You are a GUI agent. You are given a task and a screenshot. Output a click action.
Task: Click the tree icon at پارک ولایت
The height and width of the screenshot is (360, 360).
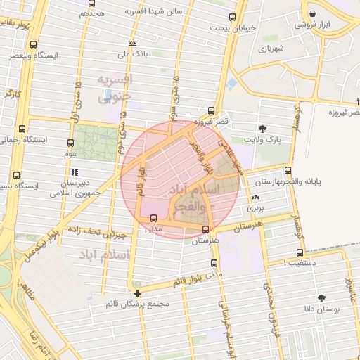pyautogui.click(x=262, y=128)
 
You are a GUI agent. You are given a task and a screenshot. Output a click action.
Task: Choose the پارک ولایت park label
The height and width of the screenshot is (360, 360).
pyautogui.click(x=274, y=140)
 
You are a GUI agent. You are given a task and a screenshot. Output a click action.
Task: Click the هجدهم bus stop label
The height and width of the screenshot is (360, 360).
pyautogui.click(x=92, y=13)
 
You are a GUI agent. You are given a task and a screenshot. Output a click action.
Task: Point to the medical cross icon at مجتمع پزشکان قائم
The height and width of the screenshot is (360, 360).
pyautogui.click(x=136, y=293)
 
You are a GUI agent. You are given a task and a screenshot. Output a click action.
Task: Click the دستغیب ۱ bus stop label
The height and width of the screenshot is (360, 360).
pyautogui.click(x=297, y=262)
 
